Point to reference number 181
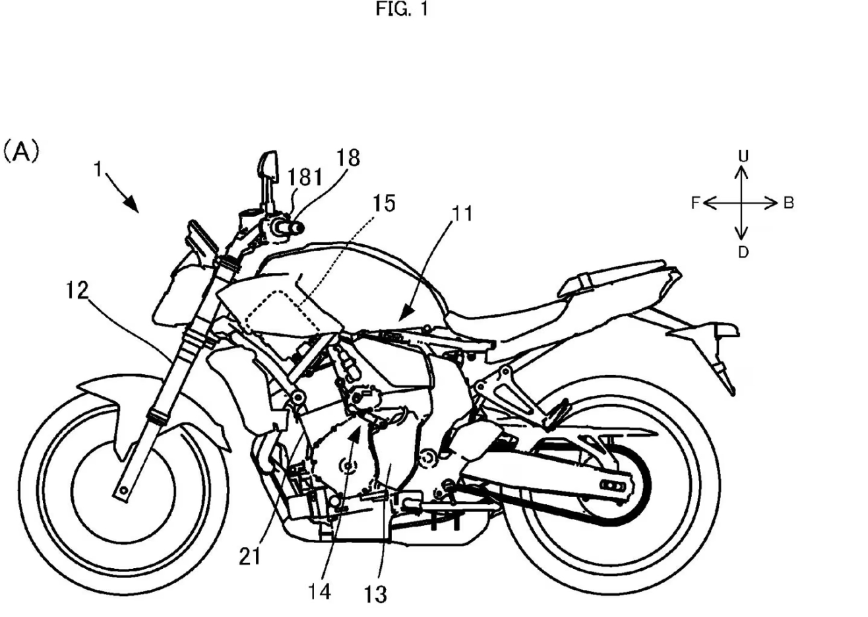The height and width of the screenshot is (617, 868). click(x=305, y=178)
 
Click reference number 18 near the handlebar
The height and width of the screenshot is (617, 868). click(x=348, y=159)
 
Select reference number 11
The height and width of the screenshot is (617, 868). click(x=461, y=215)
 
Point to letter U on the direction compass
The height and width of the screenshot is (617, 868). click(x=743, y=156)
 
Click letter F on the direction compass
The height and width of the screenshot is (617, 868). click(x=695, y=203)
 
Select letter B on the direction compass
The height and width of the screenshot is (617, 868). click(x=789, y=203)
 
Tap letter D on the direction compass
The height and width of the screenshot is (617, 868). click(x=743, y=252)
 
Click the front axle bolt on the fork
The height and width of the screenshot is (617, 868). click(x=121, y=490)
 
